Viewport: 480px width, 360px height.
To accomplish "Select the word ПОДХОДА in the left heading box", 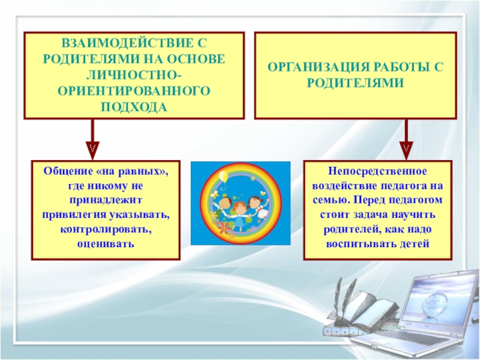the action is pyautogui.click(x=134, y=106).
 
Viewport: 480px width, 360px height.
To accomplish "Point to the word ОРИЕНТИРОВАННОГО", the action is pyautogui.click(x=134, y=91).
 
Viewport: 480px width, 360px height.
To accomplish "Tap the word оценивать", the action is pyautogui.click(x=106, y=244).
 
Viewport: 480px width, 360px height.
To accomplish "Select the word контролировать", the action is pyautogui.click(x=106, y=230).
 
